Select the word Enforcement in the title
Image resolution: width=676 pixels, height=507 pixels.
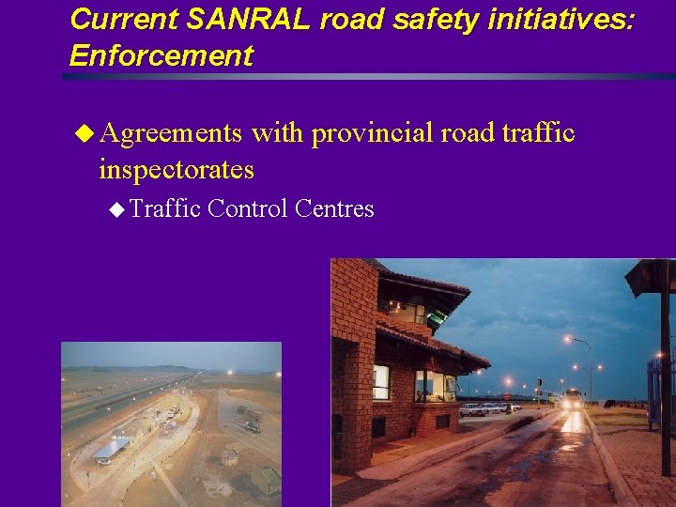click(161, 55)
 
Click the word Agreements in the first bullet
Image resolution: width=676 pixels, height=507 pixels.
click(171, 133)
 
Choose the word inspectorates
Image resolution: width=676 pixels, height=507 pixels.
click(176, 170)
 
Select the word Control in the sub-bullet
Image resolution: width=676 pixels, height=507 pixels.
click(248, 208)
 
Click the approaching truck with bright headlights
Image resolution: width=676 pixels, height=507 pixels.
click(572, 398)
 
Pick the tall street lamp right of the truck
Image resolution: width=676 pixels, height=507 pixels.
click(589, 371)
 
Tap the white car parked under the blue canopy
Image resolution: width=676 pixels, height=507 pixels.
click(105, 459)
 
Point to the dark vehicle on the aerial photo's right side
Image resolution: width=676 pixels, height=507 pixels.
click(252, 426)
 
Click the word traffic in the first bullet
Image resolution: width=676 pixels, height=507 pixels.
click(538, 133)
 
